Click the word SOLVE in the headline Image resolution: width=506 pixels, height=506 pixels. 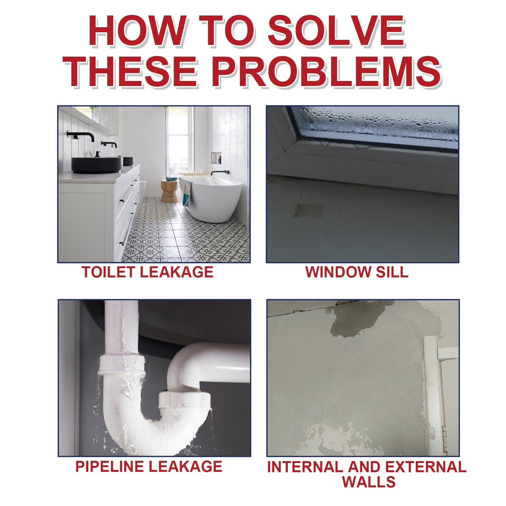click(x=336, y=31)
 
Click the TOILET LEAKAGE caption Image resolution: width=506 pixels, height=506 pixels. click(x=147, y=272)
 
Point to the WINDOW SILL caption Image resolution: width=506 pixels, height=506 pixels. click(x=357, y=272)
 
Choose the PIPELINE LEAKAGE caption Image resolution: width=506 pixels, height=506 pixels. click(x=149, y=466)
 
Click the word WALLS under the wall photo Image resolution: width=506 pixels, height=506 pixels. click(x=369, y=482)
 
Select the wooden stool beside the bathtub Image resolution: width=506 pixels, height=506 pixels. click(x=170, y=191)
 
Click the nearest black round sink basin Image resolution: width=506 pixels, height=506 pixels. click(x=97, y=165)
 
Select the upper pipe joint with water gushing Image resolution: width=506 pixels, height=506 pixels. click(x=122, y=364)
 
